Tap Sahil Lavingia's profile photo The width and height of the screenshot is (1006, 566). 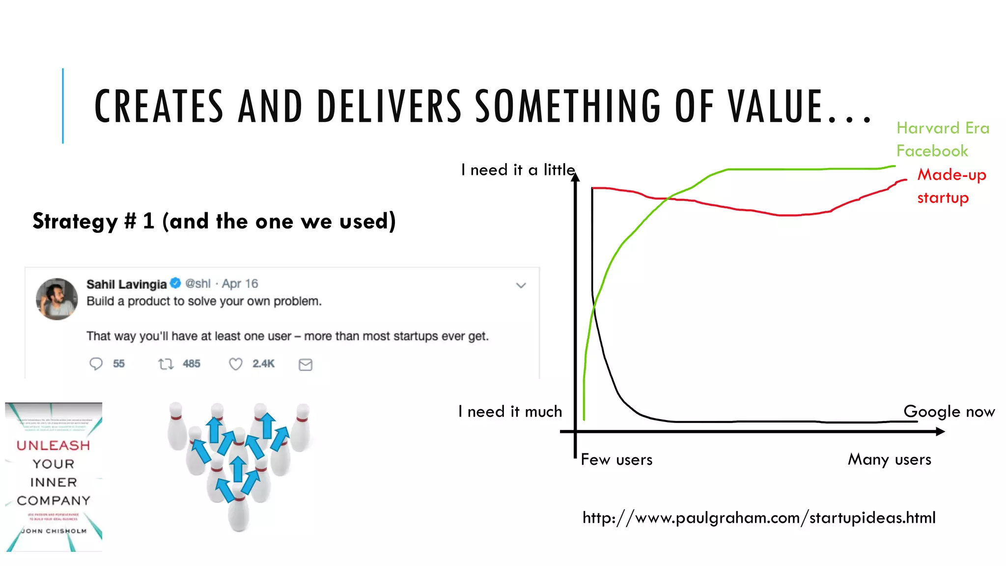pyautogui.click(x=56, y=299)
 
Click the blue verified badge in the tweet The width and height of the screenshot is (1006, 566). pyautogui.click(x=175, y=283)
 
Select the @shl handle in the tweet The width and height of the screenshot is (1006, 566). pyautogui.click(x=197, y=283)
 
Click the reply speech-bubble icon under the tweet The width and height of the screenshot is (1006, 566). pyautogui.click(x=96, y=364)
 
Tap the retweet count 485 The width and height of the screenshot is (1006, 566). pyautogui.click(x=191, y=364)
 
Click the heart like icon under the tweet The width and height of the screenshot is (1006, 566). pyautogui.click(x=236, y=364)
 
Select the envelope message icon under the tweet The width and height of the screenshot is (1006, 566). pyautogui.click(x=306, y=364)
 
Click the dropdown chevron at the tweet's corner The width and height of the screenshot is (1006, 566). pyautogui.click(x=521, y=285)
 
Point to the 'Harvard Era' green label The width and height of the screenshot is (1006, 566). pyautogui.click(x=943, y=128)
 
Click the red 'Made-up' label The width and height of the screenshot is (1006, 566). pyautogui.click(x=951, y=175)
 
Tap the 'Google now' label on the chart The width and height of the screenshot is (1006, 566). pyautogui.click(x=949, y=411)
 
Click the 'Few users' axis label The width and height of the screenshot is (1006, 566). pyautogui.click(x=616, y=459)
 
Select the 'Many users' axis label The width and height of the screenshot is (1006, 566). pyautogui.click(x=889, y=459)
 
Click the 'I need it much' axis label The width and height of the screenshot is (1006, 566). pyautogui.click(x=510, y=411)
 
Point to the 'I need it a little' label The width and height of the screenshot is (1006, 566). pyautogui.click(x=517, y=170)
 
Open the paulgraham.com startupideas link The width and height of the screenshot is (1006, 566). pyautogui.click(x=759, y=517)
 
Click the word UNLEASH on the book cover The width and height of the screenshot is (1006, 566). pyautogui.click(x=53, y=445)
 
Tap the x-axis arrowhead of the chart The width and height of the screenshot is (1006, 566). pyautogui.click(x=940, y=431)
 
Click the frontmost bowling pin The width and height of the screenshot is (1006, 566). pyautogui.click(x=239, y=513)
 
